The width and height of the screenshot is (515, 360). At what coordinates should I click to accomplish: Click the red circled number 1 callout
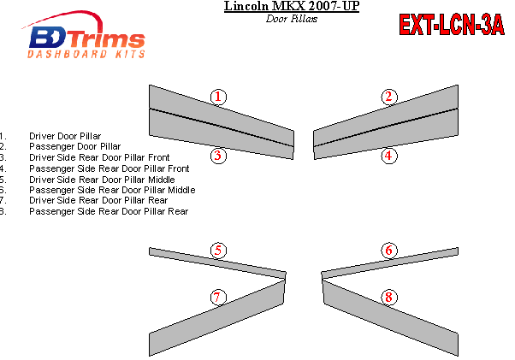(218, 97)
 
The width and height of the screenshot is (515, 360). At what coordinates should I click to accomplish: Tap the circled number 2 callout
(389, 97)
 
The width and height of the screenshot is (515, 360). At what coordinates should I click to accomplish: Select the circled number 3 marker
(218, 156)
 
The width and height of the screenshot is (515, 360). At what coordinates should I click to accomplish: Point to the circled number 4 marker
(389, 156)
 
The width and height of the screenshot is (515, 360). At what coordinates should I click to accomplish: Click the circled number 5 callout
(218, 251)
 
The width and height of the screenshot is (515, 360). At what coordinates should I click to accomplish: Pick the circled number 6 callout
(389, 251)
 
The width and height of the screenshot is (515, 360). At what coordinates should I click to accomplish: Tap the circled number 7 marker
(218, 298)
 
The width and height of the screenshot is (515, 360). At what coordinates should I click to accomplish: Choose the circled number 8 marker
(389, 298)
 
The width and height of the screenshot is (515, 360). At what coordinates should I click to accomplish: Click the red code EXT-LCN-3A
(452, 25)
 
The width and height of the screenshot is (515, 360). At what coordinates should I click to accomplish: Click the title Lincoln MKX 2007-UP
(292, 6)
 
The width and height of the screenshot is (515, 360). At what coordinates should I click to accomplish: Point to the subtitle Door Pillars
(292, 19)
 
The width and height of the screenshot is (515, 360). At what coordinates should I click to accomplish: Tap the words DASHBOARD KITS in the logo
(86, 54)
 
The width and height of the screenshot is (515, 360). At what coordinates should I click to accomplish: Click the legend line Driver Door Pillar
(65, 136)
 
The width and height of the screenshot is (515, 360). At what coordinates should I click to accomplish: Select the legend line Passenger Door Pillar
(75, 147)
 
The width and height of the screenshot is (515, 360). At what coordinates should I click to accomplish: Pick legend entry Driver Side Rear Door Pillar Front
(99, 157)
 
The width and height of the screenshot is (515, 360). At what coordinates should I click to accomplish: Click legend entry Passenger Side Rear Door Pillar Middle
(112, 190)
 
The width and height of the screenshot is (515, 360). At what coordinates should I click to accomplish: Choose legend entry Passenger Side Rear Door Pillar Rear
(109, 212)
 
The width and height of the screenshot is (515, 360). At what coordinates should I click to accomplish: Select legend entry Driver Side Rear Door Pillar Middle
(102, 180)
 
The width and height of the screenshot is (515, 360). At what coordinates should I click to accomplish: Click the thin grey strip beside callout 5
(217, 263)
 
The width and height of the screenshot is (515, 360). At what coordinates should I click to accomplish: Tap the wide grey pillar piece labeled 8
(391, 317)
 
